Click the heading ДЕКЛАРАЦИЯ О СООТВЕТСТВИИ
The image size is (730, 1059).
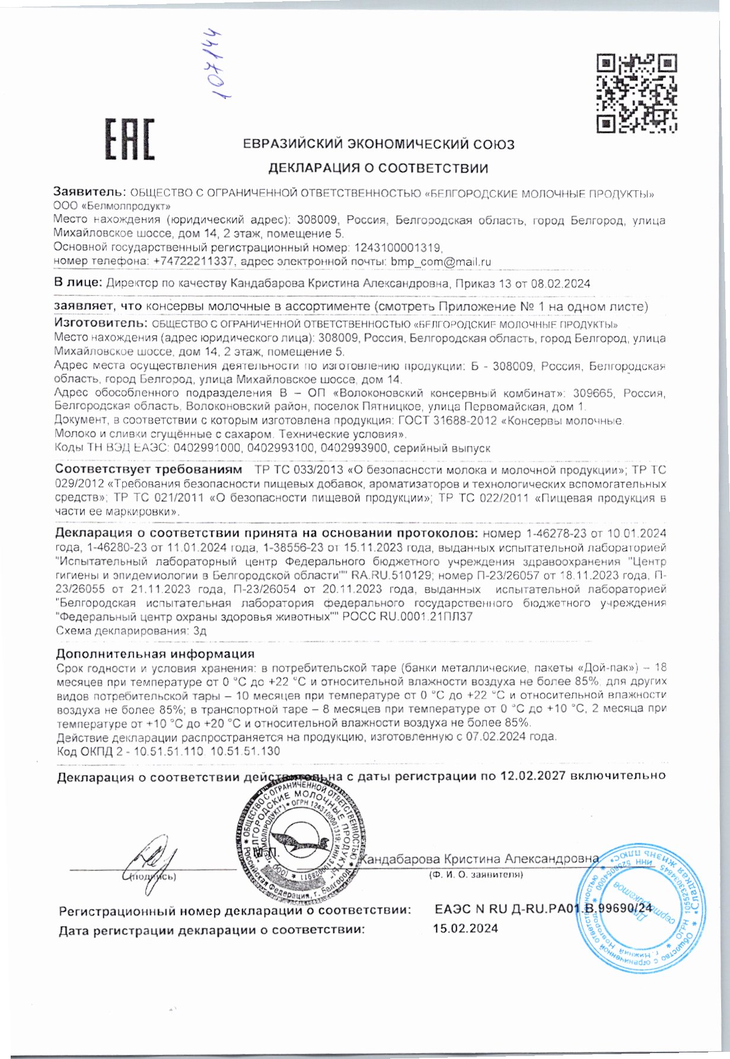pyautogui.click(x=378, y=168)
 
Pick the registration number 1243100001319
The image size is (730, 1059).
pyautogui.click(x=398, y=247)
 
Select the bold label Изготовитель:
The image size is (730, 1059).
pyautogui.click(x=100, y=324)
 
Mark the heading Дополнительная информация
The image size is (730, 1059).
pyautogui.click(x=155, y=654)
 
